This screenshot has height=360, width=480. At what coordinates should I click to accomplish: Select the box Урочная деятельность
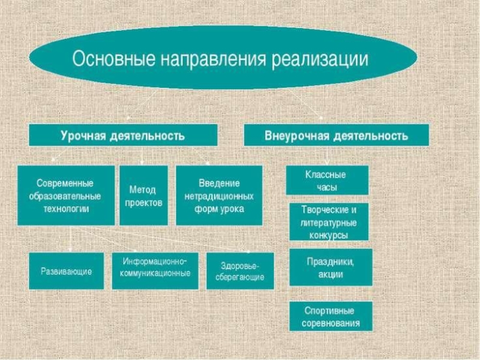[122, 135]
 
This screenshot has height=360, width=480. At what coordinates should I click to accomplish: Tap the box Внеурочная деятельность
[336, 135]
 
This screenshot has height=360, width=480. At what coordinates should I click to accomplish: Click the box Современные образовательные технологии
[65, 195]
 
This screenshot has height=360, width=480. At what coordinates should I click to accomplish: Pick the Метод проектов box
[143, 195]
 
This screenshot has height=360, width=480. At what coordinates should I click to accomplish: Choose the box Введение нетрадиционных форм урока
[218, 195]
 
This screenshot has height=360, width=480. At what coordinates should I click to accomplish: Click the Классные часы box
[326, 180]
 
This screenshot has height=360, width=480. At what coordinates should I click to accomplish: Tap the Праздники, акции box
[331, 267]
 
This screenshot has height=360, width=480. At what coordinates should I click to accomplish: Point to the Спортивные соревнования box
[331, 316]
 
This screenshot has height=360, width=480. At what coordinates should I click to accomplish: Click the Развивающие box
[66, 271]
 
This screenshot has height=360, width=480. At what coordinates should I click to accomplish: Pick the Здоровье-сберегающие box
[240, 271]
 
